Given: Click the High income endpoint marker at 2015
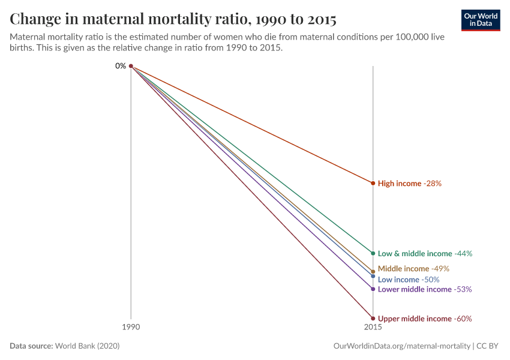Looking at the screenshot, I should (373, 183).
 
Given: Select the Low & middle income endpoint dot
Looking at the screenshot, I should (373, 253).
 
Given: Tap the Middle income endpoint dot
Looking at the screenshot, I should (373, 272).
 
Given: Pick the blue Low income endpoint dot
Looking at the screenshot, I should (373, 277).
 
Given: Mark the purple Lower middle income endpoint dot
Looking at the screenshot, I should (373, 289).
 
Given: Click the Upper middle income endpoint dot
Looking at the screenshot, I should (373, 319).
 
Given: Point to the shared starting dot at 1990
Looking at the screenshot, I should (131, 66).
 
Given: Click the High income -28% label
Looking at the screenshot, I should (410, 184).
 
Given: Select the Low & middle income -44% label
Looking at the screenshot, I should (425, 254).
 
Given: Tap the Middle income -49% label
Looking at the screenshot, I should (413, 269).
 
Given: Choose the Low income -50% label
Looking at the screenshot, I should (409, 280).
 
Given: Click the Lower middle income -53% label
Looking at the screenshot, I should (425, 289).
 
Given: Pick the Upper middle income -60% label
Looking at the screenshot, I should (425, 319).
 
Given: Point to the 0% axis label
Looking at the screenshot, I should (121, 66).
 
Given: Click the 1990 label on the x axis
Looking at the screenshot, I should (131, 328).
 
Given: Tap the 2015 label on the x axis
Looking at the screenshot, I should (373, 328).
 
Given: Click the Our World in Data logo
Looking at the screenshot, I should (481, 20).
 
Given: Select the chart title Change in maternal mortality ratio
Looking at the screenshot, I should (173, 19).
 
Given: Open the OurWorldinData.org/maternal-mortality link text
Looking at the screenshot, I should (401, 346).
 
